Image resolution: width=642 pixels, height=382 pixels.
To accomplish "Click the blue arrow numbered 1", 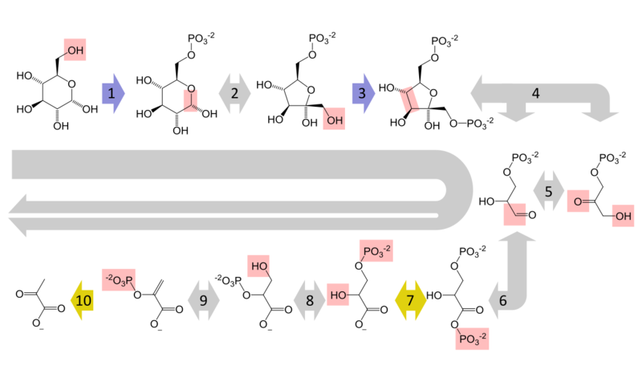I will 112,93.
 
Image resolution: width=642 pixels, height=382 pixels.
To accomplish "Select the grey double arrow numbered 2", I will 234,93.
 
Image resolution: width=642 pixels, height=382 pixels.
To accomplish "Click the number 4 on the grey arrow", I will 535,92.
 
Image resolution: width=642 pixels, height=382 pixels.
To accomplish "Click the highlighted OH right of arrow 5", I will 621,215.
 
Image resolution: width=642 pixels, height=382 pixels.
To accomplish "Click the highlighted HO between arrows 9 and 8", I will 259,265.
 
